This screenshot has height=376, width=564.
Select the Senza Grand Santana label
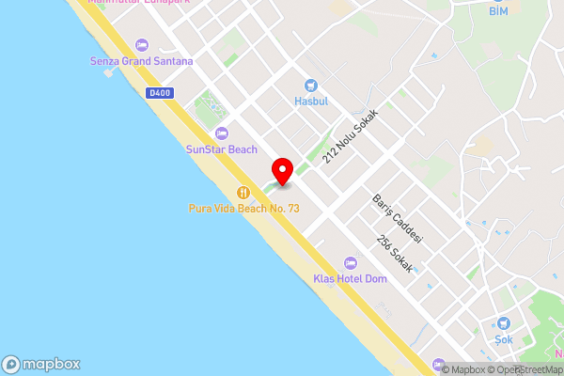coord(143,61)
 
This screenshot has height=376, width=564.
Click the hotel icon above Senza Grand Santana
coord(142,44)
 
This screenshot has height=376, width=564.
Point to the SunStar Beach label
coord(221,149)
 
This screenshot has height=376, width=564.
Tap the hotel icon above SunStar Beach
coord(221,133)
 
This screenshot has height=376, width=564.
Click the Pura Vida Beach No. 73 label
coord(243,208)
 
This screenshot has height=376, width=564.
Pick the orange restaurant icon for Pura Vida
coord(243,191)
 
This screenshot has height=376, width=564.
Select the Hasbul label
coord(310,102)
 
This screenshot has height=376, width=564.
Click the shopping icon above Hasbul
coord(310,85)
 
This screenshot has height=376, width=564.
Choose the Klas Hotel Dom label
coord(350,279)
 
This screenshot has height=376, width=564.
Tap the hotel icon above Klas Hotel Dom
coord(350,262)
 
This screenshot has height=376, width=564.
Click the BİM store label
coord(498,11)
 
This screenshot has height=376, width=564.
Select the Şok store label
coord(505,338)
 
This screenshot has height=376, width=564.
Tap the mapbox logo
coord(40,364)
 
